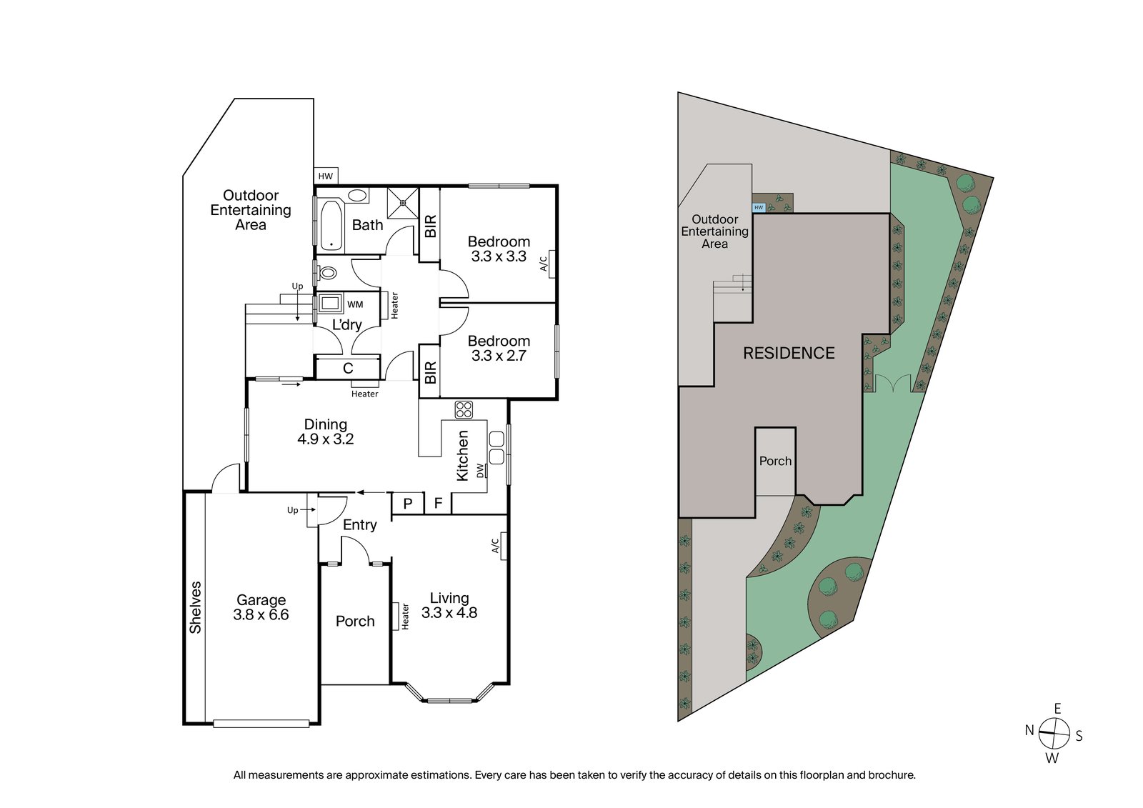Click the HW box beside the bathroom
pos(326,176)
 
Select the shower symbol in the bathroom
pos(403,202)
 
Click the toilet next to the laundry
pos(328,272)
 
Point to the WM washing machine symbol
pos(331,304)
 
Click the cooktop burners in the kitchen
pos(464,409)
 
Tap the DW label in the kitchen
pos(480,470)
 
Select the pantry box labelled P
pos(408,504)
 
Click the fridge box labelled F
pos(438,504)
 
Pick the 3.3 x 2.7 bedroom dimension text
pos(499,356)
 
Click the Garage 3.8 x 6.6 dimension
pos(261,615)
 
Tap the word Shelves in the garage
pos(195,607)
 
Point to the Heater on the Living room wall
pos(395,616)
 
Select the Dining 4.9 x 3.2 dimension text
pos(326,439)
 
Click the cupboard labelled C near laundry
pos(348,369)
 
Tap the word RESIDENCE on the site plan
pos(789,353)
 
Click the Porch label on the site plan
pos(775,462)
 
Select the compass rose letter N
pos(1029,730)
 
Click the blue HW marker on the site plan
pos(759,208)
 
